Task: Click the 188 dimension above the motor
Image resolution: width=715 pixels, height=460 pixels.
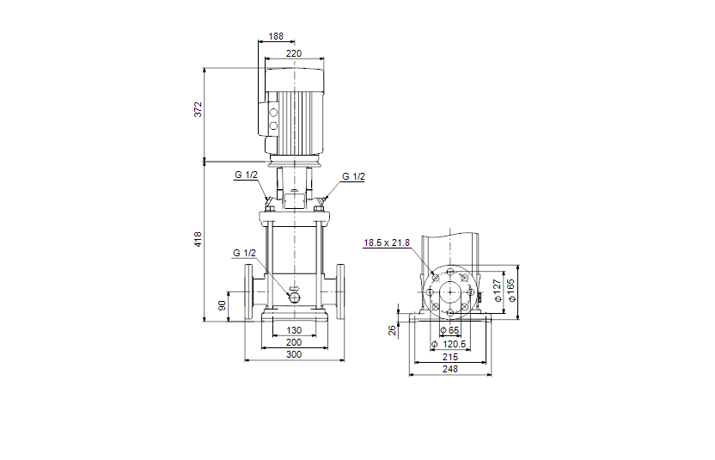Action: pyautogui.click(x=276, y=37)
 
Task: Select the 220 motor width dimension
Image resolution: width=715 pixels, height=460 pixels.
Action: pyautogui.click(x=294, y=53)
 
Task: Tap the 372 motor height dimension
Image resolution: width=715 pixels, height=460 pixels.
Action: pyautogui.click(x=198, y=109)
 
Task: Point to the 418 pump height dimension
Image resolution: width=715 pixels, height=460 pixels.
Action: pyautogui.click(x=198, y=240)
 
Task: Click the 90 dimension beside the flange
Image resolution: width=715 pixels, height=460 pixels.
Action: pyautogui.click(x=222, y=306)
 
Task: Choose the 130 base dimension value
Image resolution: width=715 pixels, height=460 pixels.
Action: pyautogui.click(x=294, y=330)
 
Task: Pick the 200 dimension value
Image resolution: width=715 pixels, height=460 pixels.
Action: pyautogui.click(x=294, y=342)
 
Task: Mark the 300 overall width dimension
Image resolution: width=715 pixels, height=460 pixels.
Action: pyautogui.click(x=294, y=354)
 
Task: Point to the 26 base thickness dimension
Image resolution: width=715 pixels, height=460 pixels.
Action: pyautogui.click(x=393, y=329)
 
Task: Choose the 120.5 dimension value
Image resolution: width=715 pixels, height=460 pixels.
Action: pyautogui.click(x=453, y=344)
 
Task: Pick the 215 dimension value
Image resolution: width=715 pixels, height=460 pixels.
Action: pyautogui.click(x=449, y=356)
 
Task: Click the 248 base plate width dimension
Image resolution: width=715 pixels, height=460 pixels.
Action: pyautogui.click(x=449, y=368)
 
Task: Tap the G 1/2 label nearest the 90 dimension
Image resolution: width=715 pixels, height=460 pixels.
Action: pyautogui.click(x=245, y=253)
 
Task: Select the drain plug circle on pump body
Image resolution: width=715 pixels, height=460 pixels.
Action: pyautogui.click(x=294, y=297)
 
